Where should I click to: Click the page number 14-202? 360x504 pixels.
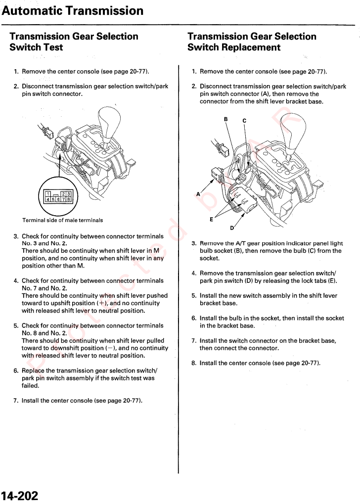pyautogui.click(x=20, y=495)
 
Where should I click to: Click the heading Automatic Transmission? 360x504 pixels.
pyautogui.click(x=72, y=10)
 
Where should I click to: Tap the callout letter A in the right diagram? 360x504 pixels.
pyautogui.click(x=198, y=194)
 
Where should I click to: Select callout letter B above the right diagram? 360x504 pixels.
pyautogui.click(x=226, y=119)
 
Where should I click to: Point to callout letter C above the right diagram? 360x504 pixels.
pyautogui.click(x=244, y=121)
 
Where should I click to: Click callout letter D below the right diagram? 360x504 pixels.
pyautogui.click(x=232, y=228)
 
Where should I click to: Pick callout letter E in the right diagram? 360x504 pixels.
pyautogui.click(x=211, y=218)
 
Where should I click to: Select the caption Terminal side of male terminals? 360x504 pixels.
pyautogui.click(x=63, y=220)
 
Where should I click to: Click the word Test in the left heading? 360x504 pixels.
pyautogui.click(x=52, y=47)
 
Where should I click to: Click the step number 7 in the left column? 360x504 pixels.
pyautogui.click(x=16, y=401)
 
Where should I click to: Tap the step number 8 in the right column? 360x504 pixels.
pyautogui.click(x=194, y=363)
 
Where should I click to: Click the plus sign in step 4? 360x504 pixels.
pyautogui.click(x=102, y=303)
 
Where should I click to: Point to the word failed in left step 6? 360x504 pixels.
pyautogui.click(x=30, y=386)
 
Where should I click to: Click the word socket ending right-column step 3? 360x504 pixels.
pyautogui.click(x=210, y=258)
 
